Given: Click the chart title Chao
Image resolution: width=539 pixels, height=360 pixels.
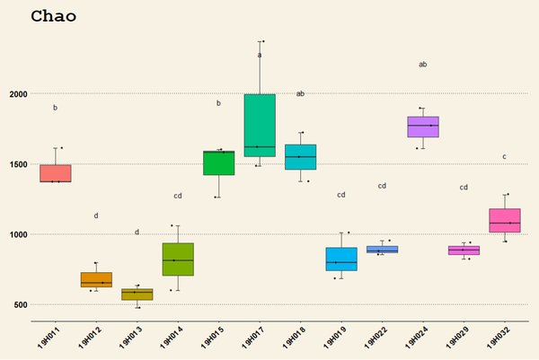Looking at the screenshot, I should [53, 16].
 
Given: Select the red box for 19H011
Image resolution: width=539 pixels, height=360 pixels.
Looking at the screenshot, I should [56, 173].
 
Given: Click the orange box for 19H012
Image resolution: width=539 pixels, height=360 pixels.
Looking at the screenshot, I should [96, 279].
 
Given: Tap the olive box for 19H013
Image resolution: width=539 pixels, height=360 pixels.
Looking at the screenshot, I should [137, 294].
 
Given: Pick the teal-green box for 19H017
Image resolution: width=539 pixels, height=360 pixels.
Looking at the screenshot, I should [260, 126].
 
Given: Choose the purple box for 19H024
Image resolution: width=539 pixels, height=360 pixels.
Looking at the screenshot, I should [422, 127].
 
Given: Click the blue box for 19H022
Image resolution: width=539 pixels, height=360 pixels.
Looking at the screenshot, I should [382, 250].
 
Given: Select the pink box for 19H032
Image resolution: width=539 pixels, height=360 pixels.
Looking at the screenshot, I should [505, 220].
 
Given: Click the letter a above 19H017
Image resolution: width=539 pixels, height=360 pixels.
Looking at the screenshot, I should [260, 55].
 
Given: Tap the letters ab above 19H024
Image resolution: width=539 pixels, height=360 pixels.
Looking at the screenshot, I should [422, 64].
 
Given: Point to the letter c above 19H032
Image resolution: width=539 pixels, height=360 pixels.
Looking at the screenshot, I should [504, 157].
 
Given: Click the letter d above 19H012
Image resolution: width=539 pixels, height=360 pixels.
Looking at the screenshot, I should [96, 215].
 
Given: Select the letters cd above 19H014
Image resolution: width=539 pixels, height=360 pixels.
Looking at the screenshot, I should [178, 196].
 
